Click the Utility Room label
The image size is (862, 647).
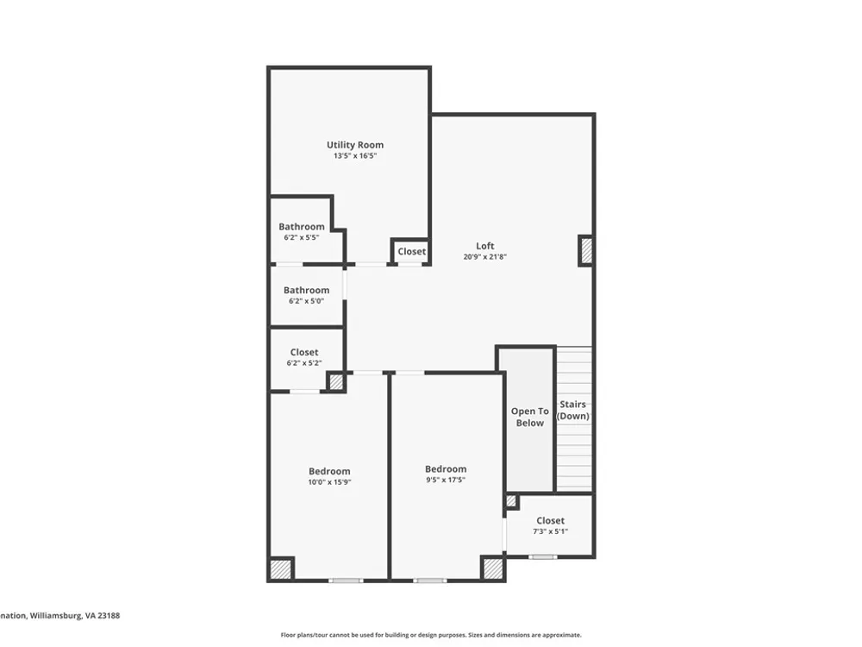coord(355,145)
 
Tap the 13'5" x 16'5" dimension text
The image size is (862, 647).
coord(355,155)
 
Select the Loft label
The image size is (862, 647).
coord(484,246)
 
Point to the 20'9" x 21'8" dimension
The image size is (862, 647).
coord(484,256)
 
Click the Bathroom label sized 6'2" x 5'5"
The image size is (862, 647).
coord(301,227)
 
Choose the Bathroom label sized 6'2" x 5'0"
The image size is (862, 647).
coord(306,290)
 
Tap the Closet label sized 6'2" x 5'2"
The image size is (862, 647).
coord(304,352)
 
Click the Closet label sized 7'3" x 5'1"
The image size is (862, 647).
coord(550,520)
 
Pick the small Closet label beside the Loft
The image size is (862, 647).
coord(412,251)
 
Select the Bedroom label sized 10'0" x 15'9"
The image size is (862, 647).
coord(329,471)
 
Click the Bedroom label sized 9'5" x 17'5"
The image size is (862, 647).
coord(446,468)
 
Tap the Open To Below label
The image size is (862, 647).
coord(530,417)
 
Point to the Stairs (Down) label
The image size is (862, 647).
coord(573,411)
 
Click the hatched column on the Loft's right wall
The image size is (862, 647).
coord(586,251)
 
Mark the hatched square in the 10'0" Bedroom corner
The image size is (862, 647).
coord(281,569)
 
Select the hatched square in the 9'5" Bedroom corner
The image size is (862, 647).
coord(492,568)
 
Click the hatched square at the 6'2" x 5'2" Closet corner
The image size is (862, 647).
coord(336,382)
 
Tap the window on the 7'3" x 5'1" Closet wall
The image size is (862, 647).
coord(542,556)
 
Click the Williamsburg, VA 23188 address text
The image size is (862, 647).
coord(75,616)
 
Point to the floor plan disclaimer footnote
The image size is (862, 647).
coord(431,635)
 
